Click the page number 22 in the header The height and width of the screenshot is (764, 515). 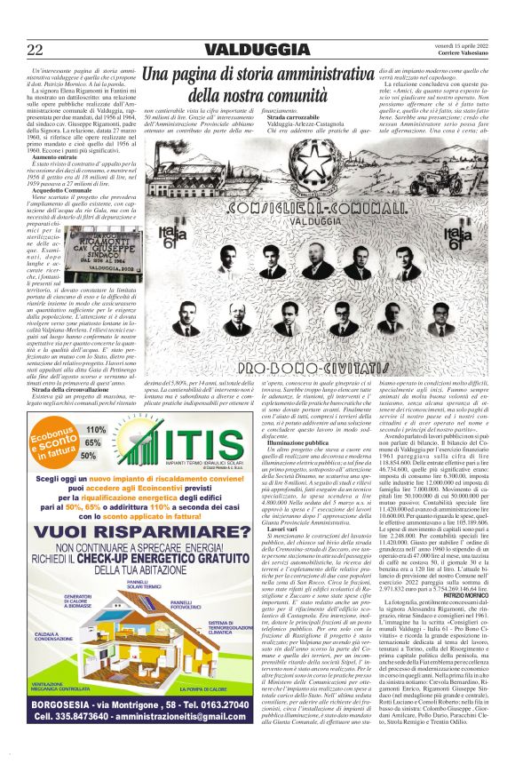pyautogui.click(x=36, y=49)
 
